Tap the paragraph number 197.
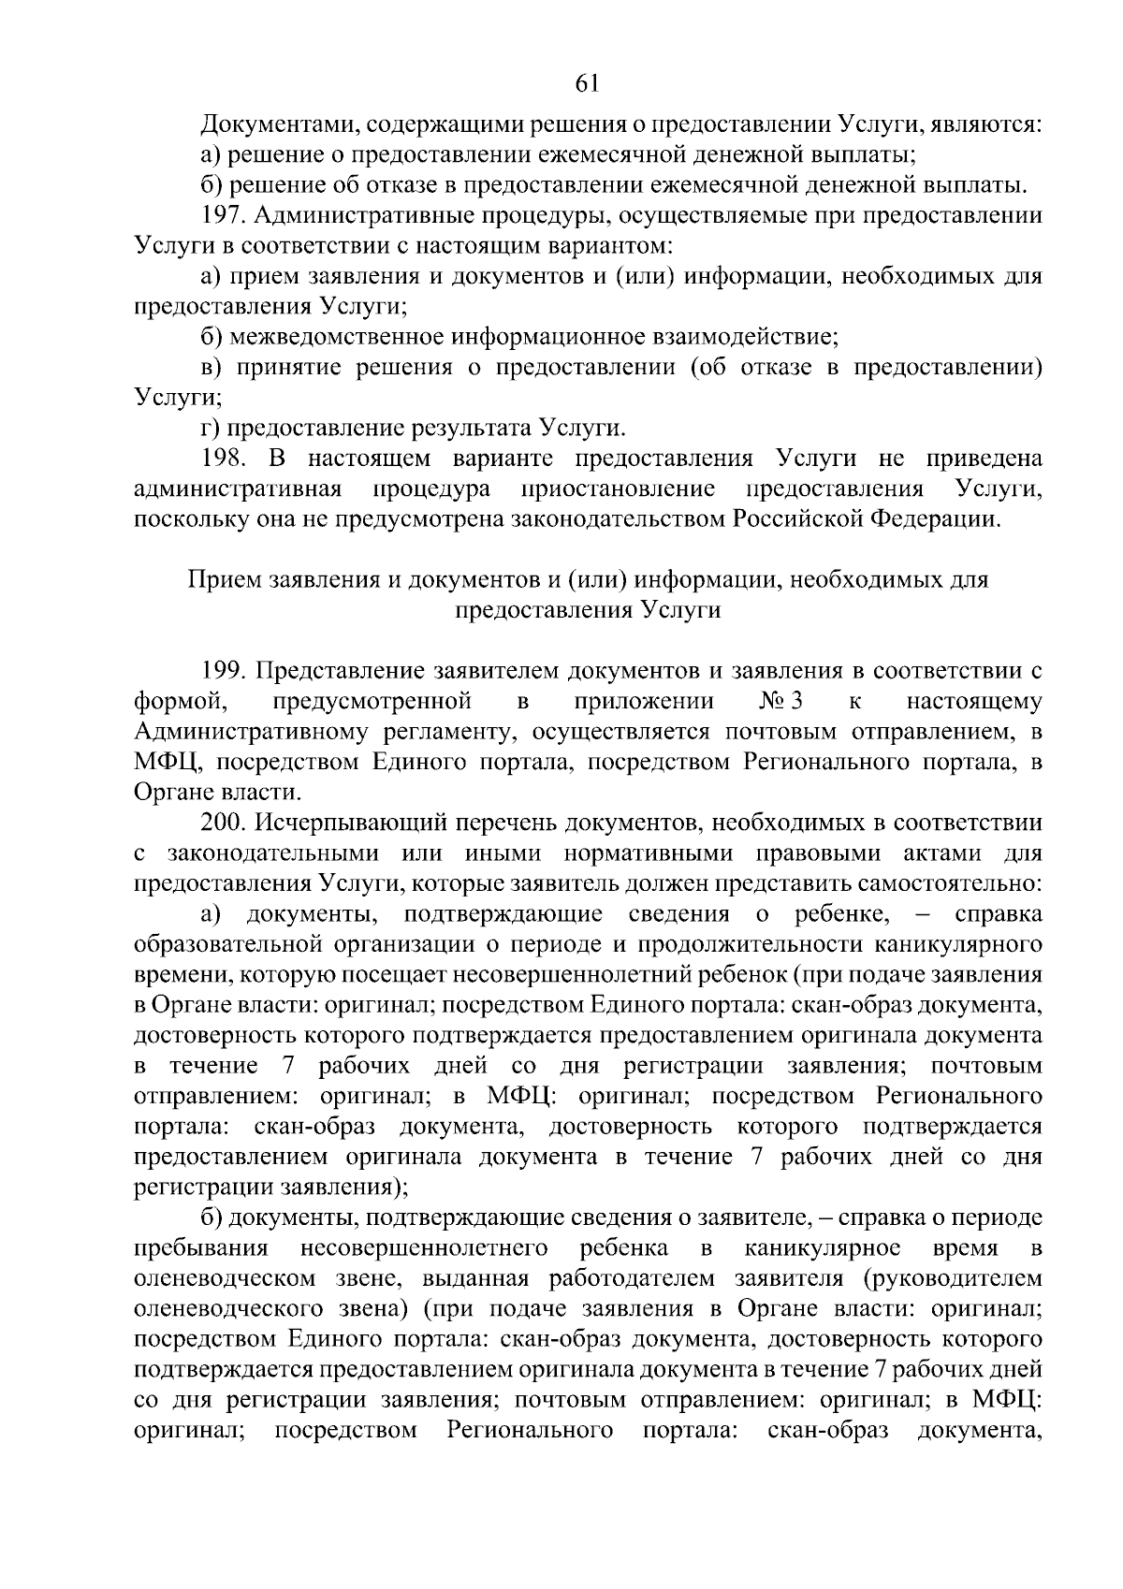[x=224, y=216]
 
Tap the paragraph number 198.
[x=224, y=459]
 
